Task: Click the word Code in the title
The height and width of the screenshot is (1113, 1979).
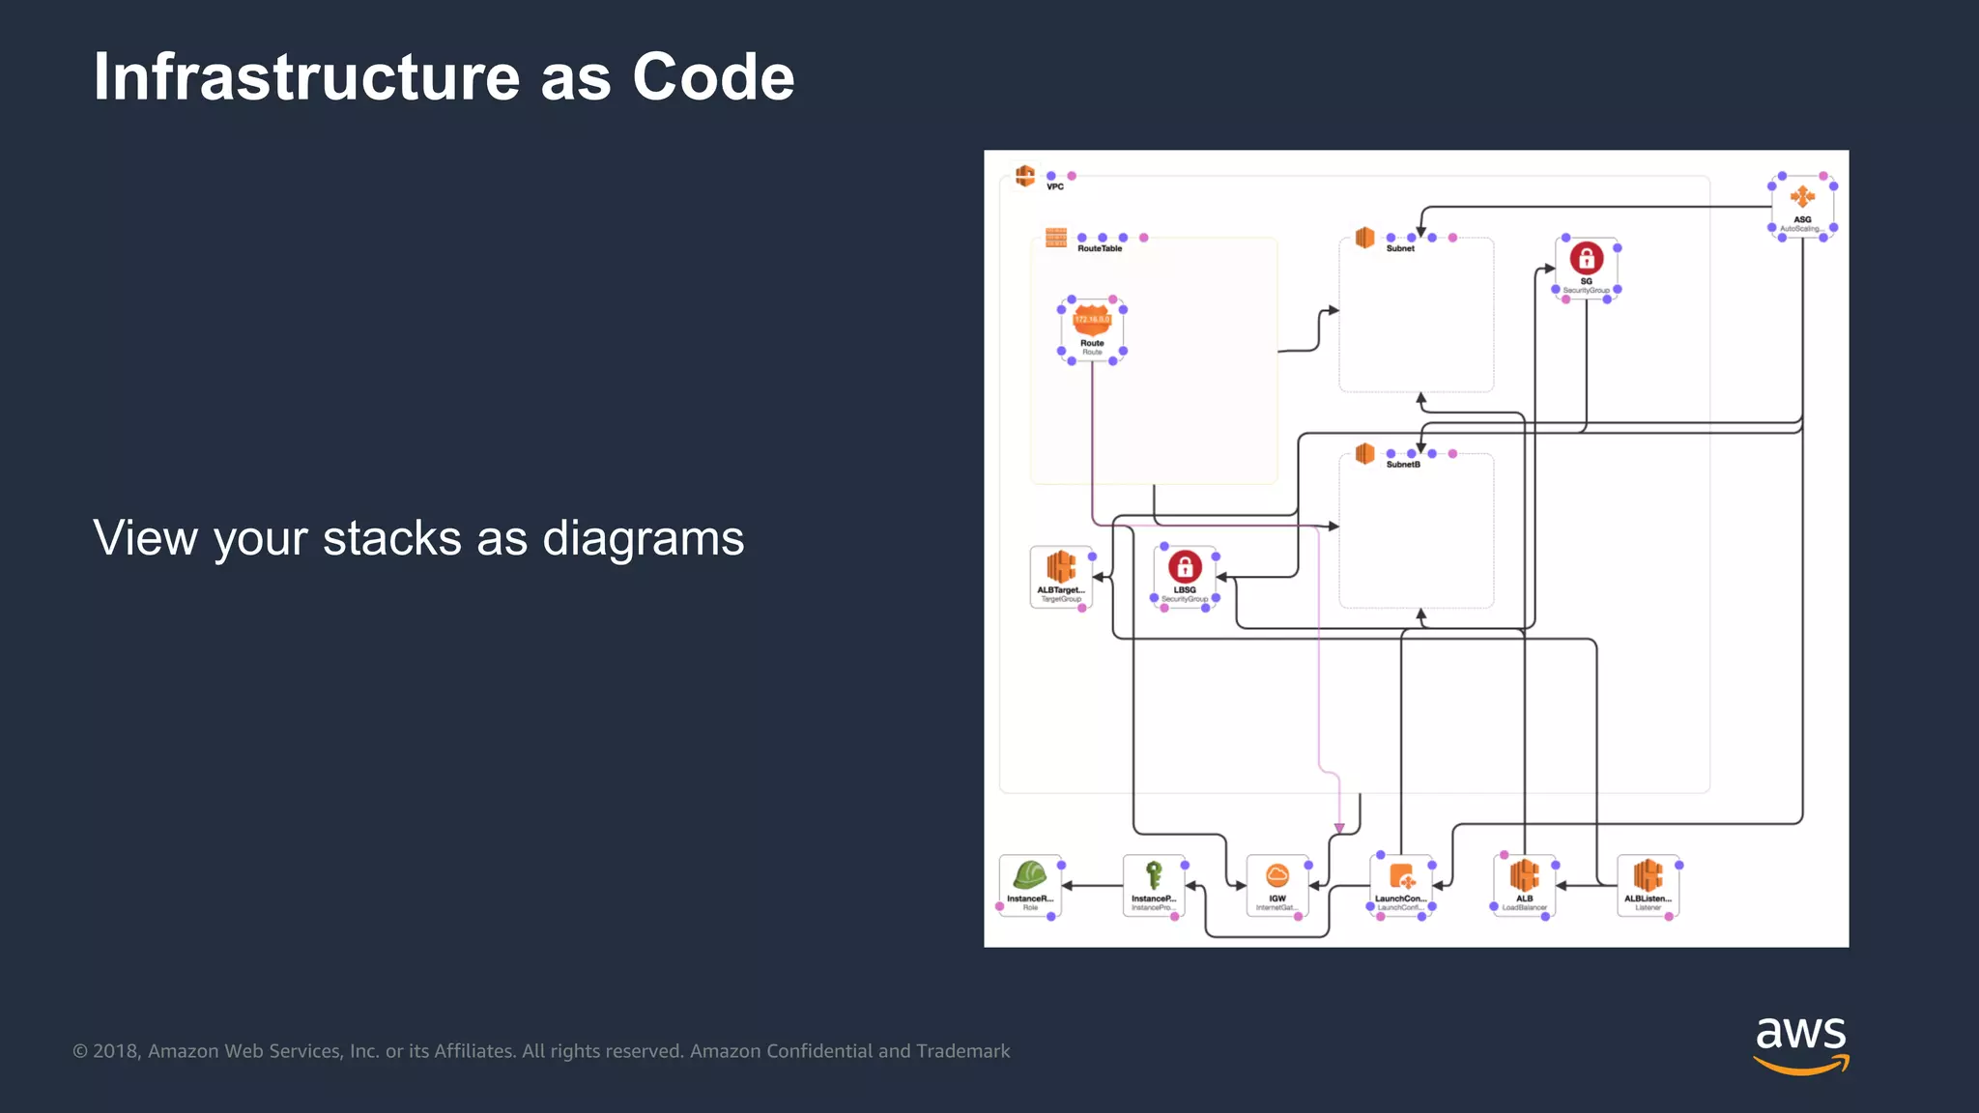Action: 712,77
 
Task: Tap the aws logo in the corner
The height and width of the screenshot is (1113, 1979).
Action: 1800,1043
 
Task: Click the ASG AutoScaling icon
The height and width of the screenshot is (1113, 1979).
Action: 1802,198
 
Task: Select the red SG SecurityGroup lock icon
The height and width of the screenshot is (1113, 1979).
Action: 1586,258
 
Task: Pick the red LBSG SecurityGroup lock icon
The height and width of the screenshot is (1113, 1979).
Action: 1185,566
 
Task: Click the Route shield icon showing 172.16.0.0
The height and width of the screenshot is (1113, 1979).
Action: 1092,320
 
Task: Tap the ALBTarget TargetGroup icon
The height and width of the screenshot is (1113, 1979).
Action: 1061,567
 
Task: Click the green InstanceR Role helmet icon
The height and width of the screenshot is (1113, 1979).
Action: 1029,875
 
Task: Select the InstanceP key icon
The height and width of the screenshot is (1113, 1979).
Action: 1153,875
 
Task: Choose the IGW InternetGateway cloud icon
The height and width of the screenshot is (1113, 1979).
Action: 1276,875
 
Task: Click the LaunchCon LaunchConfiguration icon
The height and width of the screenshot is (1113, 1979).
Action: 1401,876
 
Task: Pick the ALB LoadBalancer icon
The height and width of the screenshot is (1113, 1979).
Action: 1524,875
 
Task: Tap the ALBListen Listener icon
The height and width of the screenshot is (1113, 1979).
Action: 1648,875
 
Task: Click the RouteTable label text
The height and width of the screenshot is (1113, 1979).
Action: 1100,248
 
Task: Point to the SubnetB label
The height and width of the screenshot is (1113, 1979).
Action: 1403,465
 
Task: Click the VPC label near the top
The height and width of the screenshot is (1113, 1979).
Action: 1055,186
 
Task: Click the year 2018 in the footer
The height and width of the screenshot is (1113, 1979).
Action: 116,1051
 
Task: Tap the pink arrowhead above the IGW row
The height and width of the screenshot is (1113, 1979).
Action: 1339,828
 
